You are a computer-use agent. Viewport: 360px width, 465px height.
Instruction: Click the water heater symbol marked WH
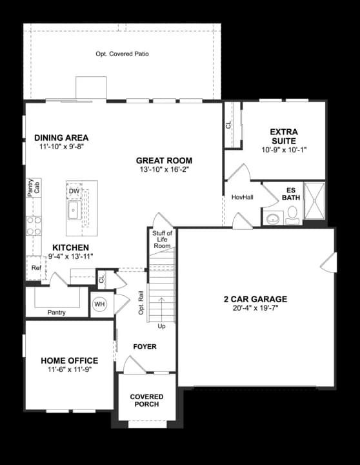(99, 304)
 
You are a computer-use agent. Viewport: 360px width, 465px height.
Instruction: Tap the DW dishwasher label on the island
(74, 191)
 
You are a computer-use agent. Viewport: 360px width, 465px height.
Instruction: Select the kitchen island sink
(74, 211)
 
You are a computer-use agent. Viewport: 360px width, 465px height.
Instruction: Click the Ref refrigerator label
(36, 268)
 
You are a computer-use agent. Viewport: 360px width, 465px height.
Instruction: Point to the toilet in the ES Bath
(292, 215)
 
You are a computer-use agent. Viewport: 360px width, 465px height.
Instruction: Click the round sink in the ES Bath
(273, 219)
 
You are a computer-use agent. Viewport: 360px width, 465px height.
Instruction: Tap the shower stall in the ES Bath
(315, 201)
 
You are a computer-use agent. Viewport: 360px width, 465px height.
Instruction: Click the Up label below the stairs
(161, 326)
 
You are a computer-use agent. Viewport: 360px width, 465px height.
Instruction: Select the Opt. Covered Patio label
(122, 54)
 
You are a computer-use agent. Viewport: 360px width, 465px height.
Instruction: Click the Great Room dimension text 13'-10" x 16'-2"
(164, 169)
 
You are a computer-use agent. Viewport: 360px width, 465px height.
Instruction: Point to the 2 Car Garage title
(255, 299)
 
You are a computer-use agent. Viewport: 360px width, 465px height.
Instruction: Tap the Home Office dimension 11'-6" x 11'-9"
(69, 369)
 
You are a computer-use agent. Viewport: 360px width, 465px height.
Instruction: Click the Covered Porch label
(146, 400)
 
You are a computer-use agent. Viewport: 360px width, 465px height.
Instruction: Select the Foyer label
(145, 347)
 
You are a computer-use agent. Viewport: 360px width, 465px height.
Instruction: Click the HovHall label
(243, 197)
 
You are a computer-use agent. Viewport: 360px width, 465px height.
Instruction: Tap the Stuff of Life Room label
(162, 240)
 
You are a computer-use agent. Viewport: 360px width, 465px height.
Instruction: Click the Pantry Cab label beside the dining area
(34, 187)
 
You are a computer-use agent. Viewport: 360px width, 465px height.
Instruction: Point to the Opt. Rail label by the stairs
(141, 303)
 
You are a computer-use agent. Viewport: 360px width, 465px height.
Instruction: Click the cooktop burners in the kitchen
(34, 225)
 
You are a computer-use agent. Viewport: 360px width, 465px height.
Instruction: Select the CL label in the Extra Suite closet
(228, 125)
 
